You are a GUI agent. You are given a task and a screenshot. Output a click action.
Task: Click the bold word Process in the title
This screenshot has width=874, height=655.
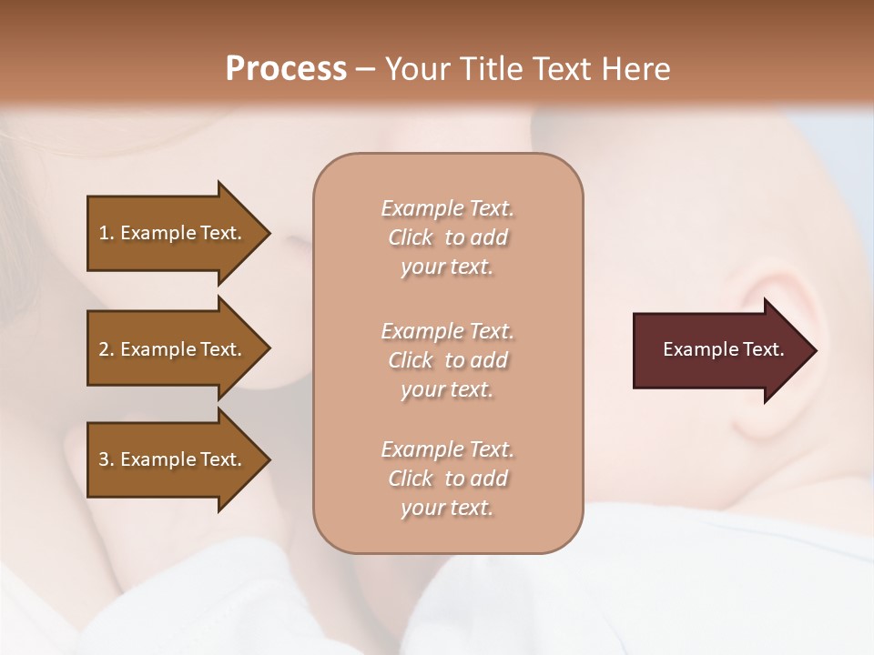pos(286,68)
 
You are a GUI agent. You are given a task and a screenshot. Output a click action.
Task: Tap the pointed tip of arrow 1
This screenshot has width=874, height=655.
pos(267,233)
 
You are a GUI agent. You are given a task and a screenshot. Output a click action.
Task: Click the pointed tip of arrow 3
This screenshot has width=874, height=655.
pos(267,459)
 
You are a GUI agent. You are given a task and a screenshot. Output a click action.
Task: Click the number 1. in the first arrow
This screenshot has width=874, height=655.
pos(106,233)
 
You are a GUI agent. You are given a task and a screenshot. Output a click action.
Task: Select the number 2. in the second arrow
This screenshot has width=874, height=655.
pos(106,349)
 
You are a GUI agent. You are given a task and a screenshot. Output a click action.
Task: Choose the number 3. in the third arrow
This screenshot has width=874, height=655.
pos(106,459)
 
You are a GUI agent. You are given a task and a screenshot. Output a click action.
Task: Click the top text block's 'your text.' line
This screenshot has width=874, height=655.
pos(447,267)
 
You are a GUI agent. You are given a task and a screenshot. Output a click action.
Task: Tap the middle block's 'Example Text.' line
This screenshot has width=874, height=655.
pos(447,331)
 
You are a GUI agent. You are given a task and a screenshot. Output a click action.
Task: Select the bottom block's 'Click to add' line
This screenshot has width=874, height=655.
pos(447,479)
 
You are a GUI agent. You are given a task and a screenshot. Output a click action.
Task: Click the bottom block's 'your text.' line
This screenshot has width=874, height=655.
pos(447,508)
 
